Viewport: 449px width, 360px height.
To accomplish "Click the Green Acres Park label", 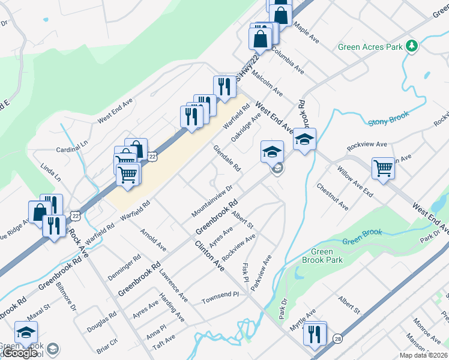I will click(369, 47).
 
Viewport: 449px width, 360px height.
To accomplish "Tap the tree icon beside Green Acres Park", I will click(411, 46).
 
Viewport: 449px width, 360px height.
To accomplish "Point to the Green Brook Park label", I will click(327, 256).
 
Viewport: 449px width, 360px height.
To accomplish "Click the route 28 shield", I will click(338, 338).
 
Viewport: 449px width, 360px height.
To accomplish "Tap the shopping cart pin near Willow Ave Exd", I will click(382, 168).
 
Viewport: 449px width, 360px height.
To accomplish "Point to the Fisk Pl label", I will click(245, 272).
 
